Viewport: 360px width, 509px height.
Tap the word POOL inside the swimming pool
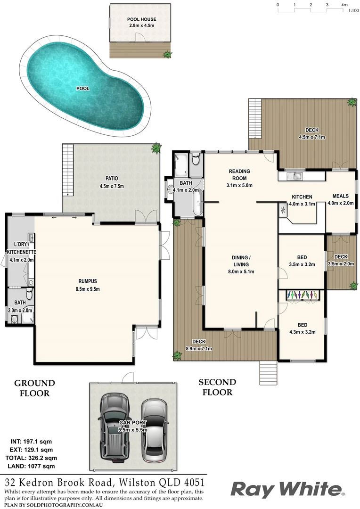(83, 88)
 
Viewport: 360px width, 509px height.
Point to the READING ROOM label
(239, 172)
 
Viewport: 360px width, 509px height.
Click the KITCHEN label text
(302, 197)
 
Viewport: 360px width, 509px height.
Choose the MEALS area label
(340, 197)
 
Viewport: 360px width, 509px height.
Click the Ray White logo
(287, 489)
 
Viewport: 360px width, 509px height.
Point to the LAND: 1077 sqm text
(32, 466)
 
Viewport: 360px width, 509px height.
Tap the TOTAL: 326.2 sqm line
(31, 458)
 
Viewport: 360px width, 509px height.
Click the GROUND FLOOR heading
(34, 388)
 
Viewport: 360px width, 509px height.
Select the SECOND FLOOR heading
(217, 387)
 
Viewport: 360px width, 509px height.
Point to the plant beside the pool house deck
(167, 55)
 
